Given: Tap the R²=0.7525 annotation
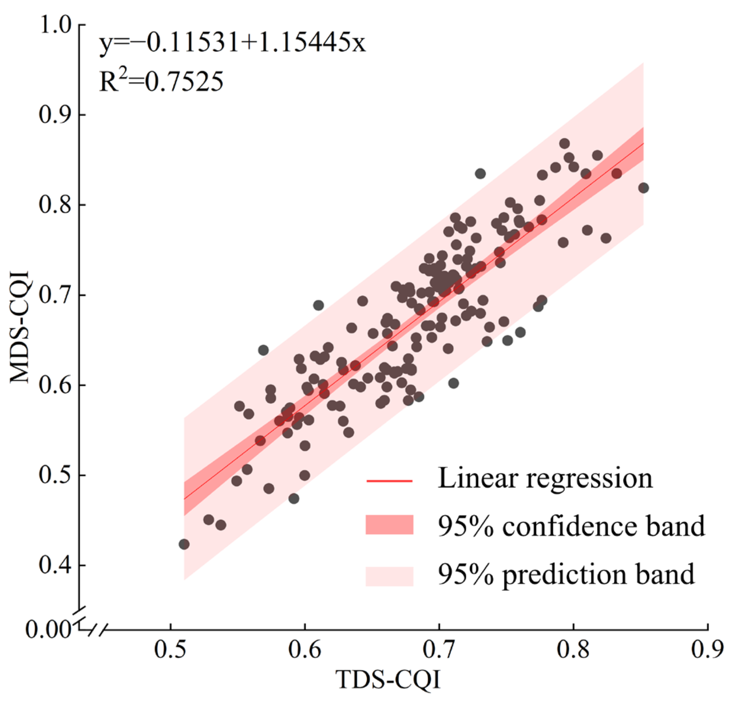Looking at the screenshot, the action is click(x=161, y=81).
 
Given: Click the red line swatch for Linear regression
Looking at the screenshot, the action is click(x=390, y=481).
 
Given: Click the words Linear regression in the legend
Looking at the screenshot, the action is click(x=545, y=479).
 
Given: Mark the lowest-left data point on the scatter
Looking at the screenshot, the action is click(x=184, y=544).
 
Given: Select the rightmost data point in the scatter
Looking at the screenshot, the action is click(x=644, y=188).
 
